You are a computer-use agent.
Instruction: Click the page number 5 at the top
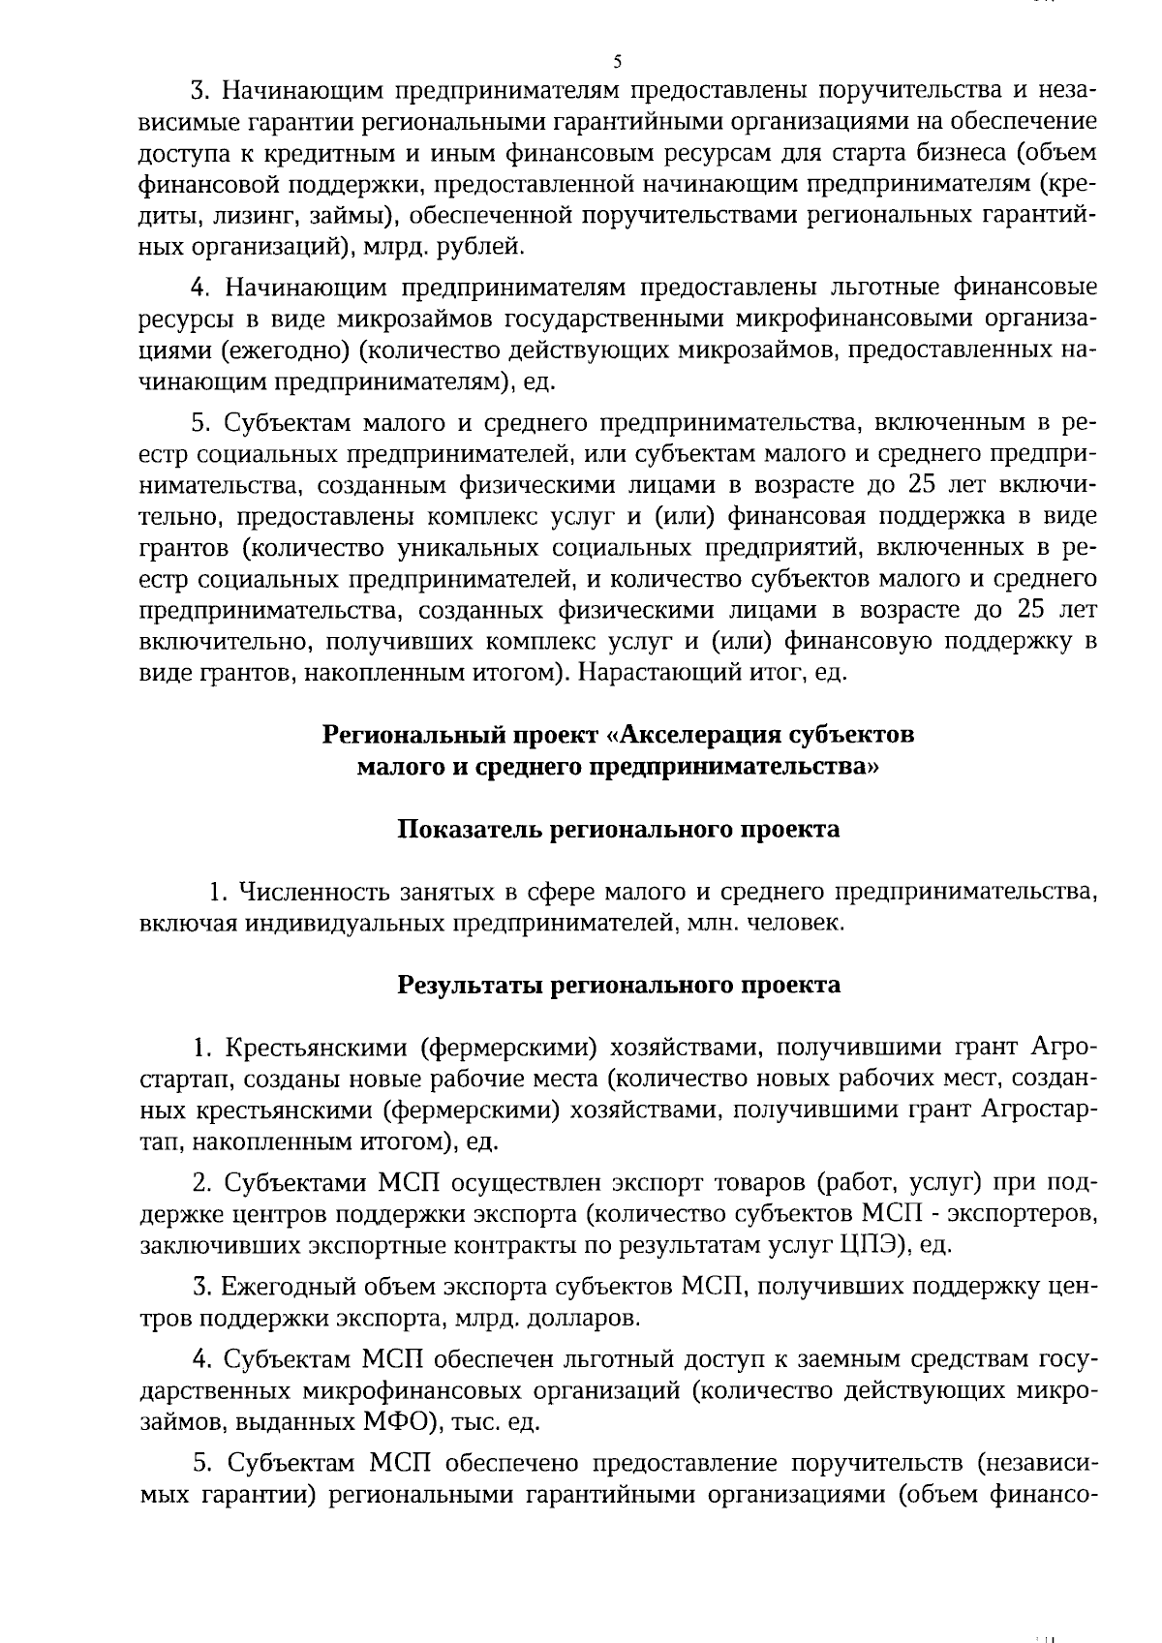click(617, 63)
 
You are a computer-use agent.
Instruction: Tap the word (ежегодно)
click(277, 350)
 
